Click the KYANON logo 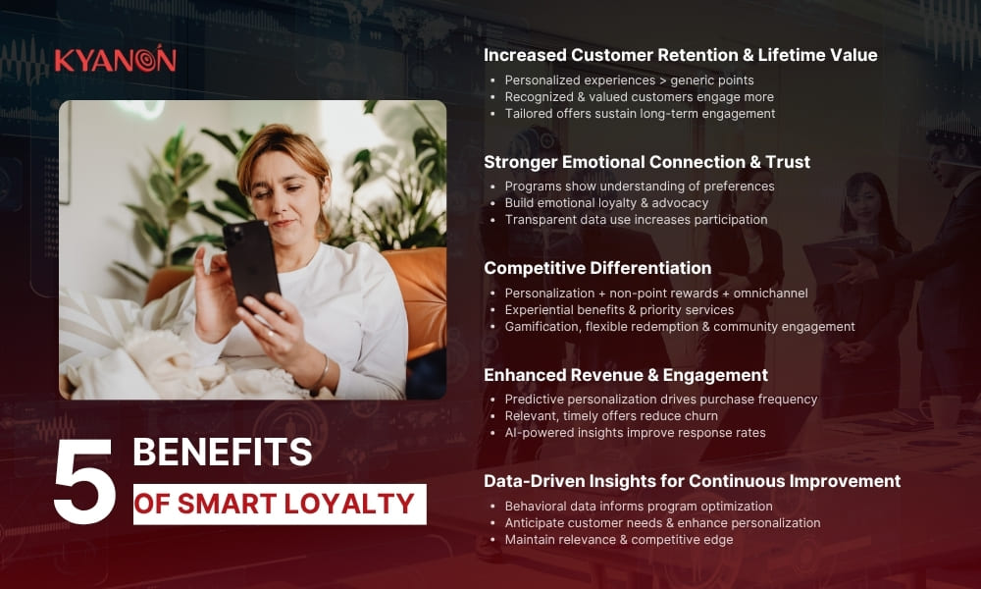click(x=115, y=60)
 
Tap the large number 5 click(x=84, y=482)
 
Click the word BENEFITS click(x=222, y=453)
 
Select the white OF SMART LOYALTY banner click(x=280, y=504)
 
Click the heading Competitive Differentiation click(x=597, y=267)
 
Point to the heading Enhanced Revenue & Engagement click(x=625, y=375)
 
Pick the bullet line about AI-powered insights click(x=635, y=433)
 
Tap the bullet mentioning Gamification click(x=680, y=326)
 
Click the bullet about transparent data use click(x=636, y=220)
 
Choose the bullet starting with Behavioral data click(x=639, y=507)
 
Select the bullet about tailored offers click(x=640, y=114)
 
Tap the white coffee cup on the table click(x=939, y=410)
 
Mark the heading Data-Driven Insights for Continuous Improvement click(x=692, y=481)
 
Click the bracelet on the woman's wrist click(x=321, y=372)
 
